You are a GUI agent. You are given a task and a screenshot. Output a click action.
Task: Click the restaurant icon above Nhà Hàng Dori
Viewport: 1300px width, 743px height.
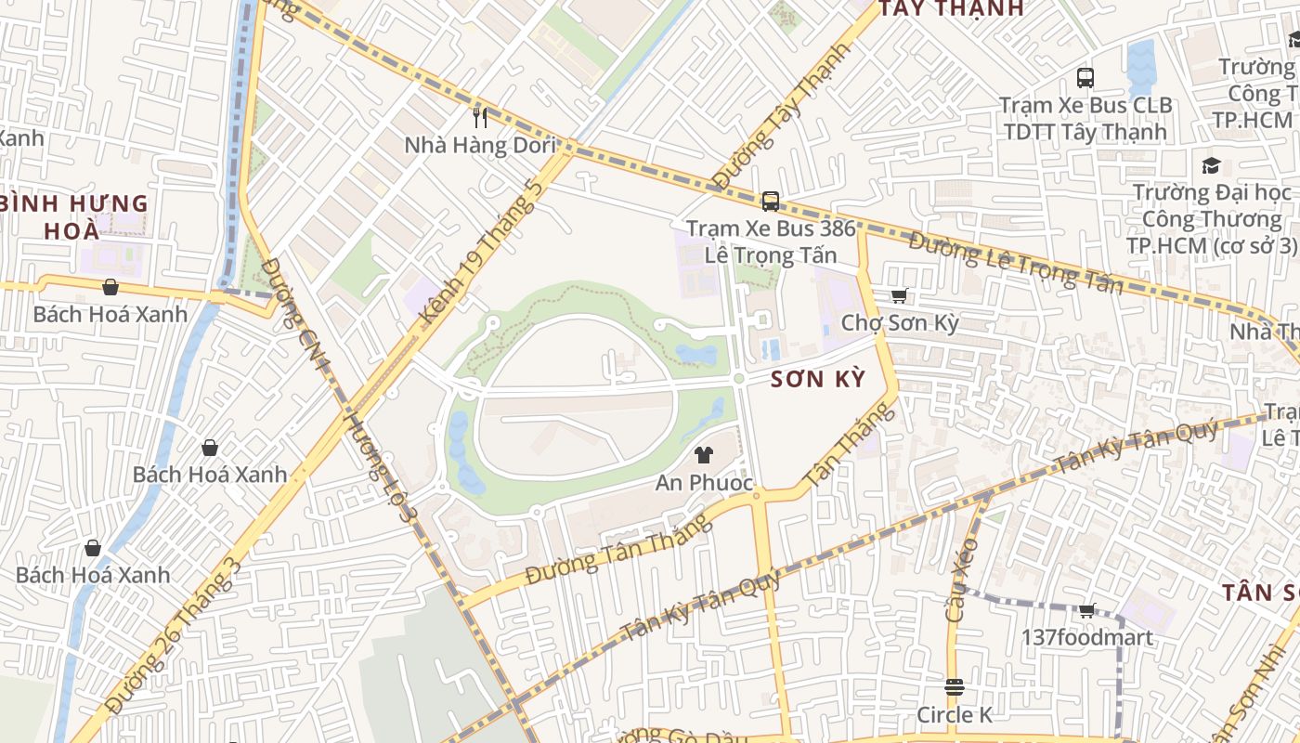(480, 117)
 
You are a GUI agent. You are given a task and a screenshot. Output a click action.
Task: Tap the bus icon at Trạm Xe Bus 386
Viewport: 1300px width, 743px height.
(770, 201)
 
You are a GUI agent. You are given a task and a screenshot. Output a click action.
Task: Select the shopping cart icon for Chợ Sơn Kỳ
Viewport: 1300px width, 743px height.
(899, 296)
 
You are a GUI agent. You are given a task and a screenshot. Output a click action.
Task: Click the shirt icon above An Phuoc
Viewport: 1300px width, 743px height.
(704, 454)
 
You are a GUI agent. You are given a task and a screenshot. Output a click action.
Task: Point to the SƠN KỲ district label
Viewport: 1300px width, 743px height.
(819, 380)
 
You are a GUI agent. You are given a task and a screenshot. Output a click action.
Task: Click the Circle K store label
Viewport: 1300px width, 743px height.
(955, 715)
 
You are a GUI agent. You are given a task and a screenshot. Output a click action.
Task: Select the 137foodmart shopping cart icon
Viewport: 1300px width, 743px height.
(1087, 611)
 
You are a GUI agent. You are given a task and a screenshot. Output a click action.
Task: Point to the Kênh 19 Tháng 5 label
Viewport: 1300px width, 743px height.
(480, 251)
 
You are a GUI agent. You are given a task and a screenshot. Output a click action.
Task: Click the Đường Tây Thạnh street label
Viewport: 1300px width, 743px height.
(780, 117)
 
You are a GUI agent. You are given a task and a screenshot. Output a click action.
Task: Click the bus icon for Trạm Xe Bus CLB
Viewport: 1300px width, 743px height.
(1085, 77)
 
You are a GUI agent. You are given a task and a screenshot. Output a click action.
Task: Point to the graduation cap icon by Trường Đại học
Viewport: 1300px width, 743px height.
(1211, 166)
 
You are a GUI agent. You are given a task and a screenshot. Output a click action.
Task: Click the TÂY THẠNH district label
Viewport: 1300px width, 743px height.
(951, 8)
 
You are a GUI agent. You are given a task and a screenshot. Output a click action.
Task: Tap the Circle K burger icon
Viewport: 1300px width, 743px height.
(955, 687)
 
